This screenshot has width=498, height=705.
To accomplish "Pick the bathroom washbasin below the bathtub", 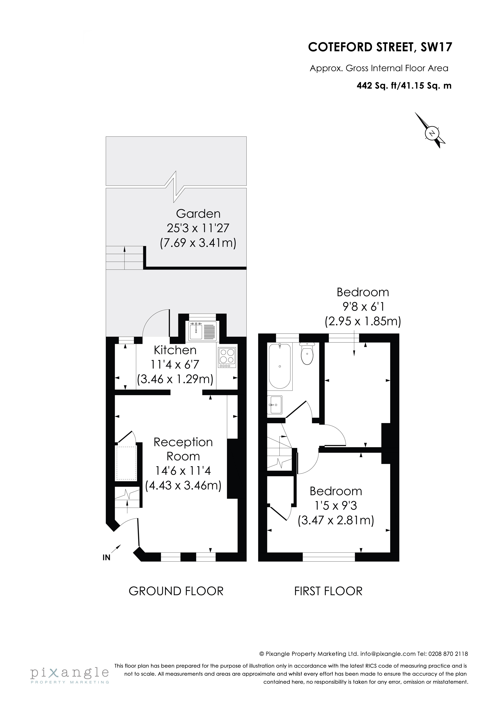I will (x=275, y=405).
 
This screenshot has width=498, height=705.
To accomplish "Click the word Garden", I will (x=198, y=214).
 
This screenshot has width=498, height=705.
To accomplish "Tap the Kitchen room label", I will (x=175, y=350).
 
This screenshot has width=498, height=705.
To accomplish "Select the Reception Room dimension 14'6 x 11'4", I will (x=183, y=471).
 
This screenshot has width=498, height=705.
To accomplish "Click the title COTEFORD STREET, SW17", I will (x=380, y=47).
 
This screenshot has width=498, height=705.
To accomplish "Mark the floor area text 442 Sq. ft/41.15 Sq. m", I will (x=404, y=86).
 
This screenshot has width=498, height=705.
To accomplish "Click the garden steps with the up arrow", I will (x=124, y=258).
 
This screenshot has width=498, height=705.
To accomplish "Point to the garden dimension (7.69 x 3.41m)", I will (x=198, y=243).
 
